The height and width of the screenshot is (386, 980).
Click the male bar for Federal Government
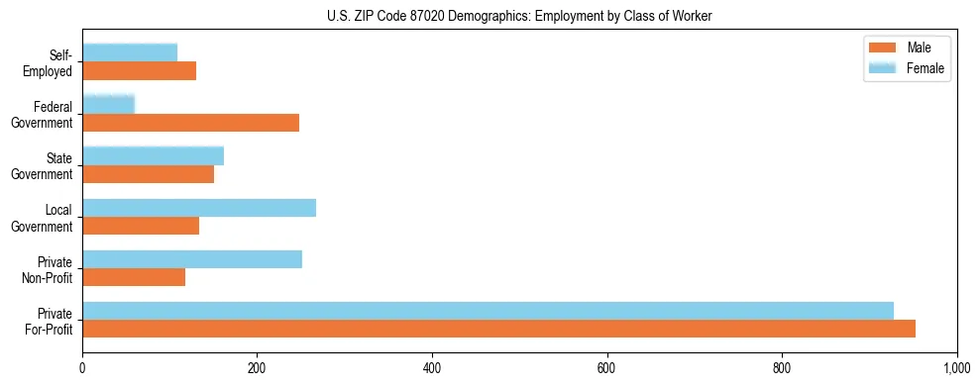[190, 123]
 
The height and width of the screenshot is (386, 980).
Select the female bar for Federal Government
[108, 104]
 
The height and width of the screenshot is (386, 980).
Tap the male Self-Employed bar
[139, 71]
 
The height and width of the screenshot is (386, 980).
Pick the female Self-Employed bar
[130, 52]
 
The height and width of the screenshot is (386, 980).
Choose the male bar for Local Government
[141, 226]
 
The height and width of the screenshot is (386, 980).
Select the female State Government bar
[153, 155]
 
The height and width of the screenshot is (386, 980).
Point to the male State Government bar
[148, 174]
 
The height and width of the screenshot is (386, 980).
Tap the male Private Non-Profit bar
[134, 277]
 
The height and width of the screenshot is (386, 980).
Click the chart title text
[519, 17]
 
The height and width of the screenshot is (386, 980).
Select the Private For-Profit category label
[50, 321]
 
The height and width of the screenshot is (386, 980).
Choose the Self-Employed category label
[50, 62]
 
